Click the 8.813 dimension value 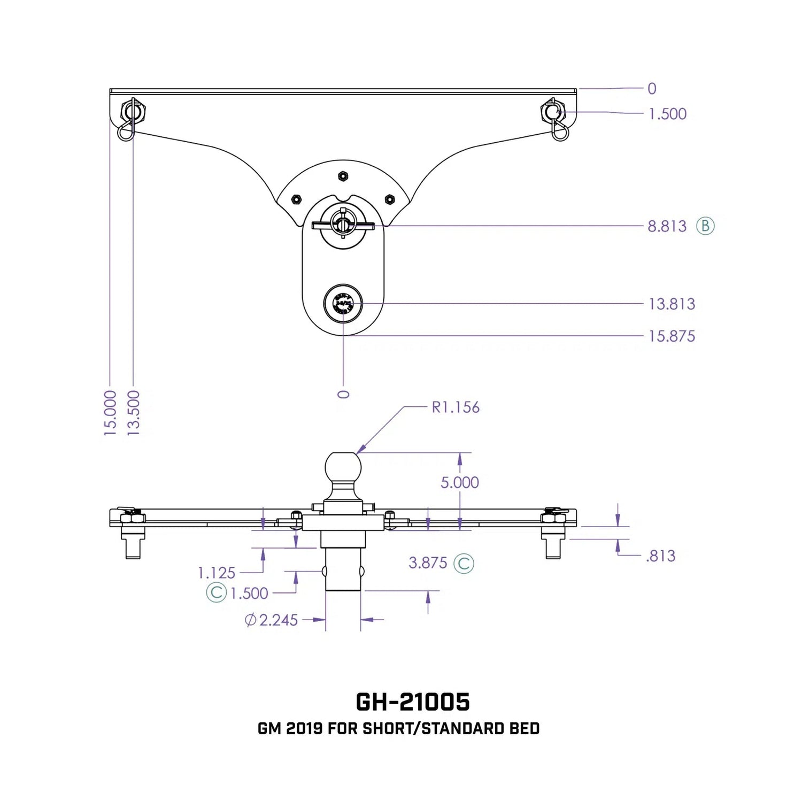click(x=667, y=226)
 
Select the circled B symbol click(x=705, y=226)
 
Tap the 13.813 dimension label click(x=672, y=304)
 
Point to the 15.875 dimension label click(x=672, y=336)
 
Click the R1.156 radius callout click(x=456, y=407)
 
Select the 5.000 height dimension click(x=459, y=482)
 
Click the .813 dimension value click(x=661, y=556)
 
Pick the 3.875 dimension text click(x=428, y=563)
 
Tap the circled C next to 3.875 click(x=464, y=564)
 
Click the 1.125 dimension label click(x=217, y=573)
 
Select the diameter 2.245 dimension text click(x=272, y=620)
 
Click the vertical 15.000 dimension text click(x=110, y=413)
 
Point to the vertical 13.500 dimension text click(x=134, y=413)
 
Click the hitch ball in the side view click(x=343, y=467)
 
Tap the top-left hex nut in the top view click(x=133, y=112)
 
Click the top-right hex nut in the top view click(x=553, y=112)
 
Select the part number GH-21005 click(x=413, y=702)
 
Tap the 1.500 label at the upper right click(x=667, y=114)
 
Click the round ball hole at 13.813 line click(x=343, y=304)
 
